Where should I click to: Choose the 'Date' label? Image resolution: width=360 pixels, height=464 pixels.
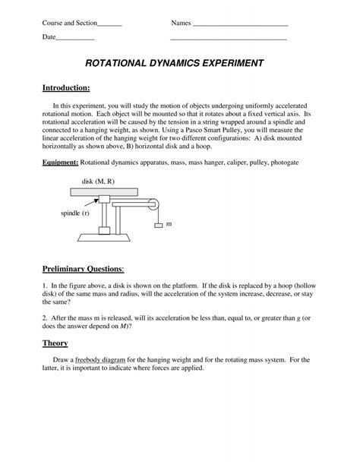[49, 37]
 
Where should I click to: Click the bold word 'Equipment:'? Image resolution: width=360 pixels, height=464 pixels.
[60, 163]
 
